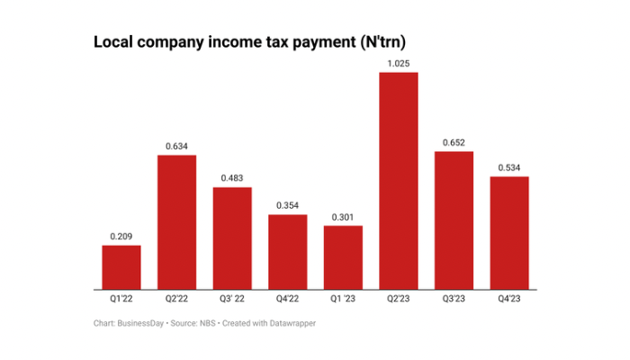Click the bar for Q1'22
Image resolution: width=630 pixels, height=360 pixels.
[x=121, y=267]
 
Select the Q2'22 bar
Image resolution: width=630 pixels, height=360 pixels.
[x=176, y=222]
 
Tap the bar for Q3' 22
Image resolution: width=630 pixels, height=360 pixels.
[x=232, y=238]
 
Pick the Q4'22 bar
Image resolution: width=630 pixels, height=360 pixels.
[x=287, y=252]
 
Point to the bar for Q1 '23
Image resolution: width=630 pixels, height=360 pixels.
[x=343, y=257]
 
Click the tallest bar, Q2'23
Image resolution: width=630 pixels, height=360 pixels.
[x=398, y=181]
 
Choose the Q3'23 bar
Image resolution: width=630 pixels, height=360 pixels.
[x=454, y=220]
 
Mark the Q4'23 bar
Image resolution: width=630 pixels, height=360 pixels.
[x=508, y=233]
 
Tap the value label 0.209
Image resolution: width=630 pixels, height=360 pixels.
[x=121, y=237]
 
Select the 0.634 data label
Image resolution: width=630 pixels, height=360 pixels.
[x=176, y=147]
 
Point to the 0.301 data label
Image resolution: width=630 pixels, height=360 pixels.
[x=343, y=217]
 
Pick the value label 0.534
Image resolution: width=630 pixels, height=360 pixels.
[x=508, y=168]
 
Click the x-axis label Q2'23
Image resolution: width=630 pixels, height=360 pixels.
[x=398, y=299]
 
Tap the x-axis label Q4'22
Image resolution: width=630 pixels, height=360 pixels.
[x=287, y=299]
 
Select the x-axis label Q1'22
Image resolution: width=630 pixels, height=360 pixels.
[x=121, y=299]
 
